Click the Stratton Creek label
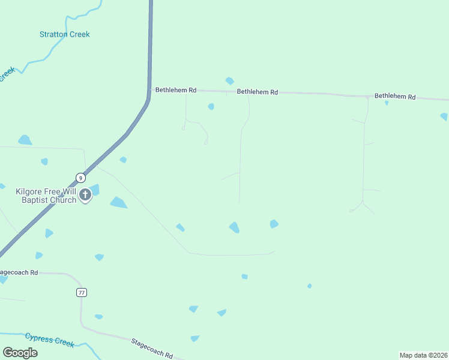point(64,34)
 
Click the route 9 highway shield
point(80,177)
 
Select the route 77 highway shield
point(82,292)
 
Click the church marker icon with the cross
point(85,194)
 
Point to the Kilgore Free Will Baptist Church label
point(46,196)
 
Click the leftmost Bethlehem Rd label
point(176,90)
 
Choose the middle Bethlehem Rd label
point(257,92)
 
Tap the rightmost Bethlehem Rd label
point(395,96)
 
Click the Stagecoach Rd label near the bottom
point(152,348)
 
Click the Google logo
point(20,352)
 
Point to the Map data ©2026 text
point(423,355)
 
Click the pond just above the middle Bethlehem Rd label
point(229,81)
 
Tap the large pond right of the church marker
point(118,203)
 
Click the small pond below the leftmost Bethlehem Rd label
point(211,107)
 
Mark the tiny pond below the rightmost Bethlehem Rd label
point(387,103)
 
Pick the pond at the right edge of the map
point(444,116)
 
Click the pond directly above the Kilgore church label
point(44,161)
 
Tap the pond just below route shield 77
point(98,316)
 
